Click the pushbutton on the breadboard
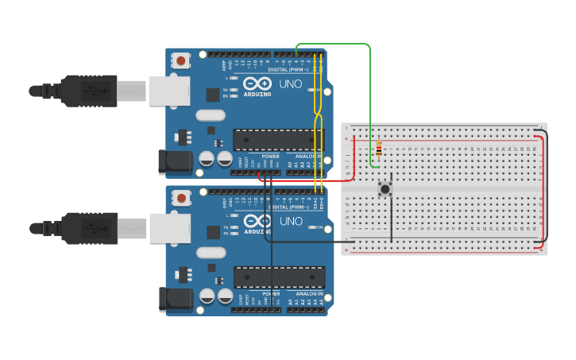[x=385, y=188]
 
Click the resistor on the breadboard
[x=379, y=149]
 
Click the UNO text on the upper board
[x=291, y=84]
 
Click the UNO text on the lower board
[x=291, y=221]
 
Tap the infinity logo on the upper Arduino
[x=257, y=83]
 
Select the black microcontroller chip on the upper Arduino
[x=278, y=140]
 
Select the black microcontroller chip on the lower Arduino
[x=279, y=277]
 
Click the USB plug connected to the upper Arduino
[x=87, y=91]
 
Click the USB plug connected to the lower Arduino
[x=87, y=227]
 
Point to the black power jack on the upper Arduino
[x=174, y=162]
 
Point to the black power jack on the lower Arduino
[x=175, y=299]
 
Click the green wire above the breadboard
[x=334, y=45]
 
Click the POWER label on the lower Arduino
[x=270, y=293]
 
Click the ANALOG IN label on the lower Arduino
[x=310, y=293]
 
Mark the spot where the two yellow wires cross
[x=318, y=115]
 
